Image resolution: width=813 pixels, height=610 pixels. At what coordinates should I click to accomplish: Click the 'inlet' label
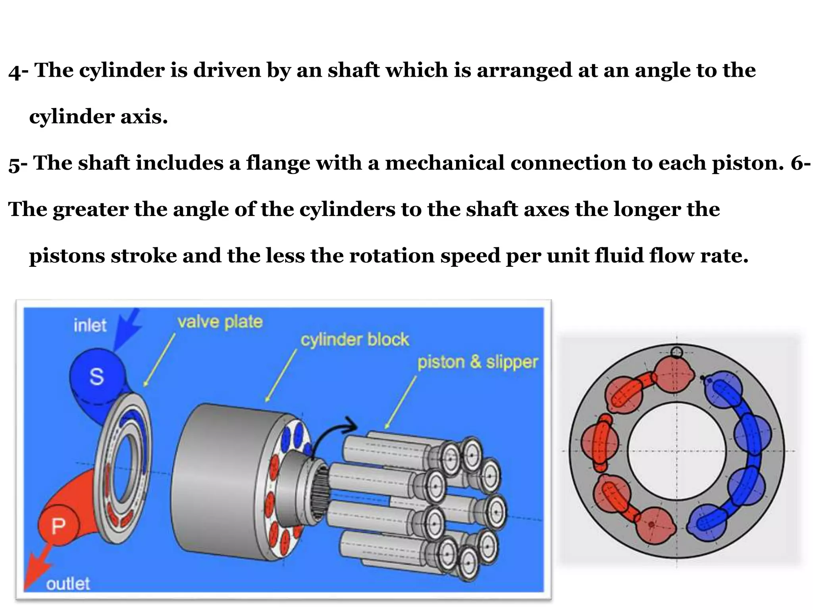(x=90, y=326)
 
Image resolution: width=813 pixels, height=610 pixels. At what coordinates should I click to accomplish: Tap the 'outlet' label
(x=68, y=584)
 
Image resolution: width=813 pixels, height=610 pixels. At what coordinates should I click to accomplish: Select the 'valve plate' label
(x=220, y=322)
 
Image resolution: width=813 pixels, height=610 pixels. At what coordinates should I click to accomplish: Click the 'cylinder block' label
(x=354, y=340)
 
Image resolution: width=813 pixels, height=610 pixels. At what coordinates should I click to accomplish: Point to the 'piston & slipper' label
(x=477, y=362)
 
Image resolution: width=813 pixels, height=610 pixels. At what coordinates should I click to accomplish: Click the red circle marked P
(x=58, y=526)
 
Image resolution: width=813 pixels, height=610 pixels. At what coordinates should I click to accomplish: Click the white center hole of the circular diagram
(x=676, y=451)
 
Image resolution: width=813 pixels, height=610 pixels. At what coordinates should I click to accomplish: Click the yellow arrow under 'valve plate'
(x=159, y=359)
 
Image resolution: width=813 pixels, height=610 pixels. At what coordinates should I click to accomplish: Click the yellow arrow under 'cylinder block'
(x=281, y=375)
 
